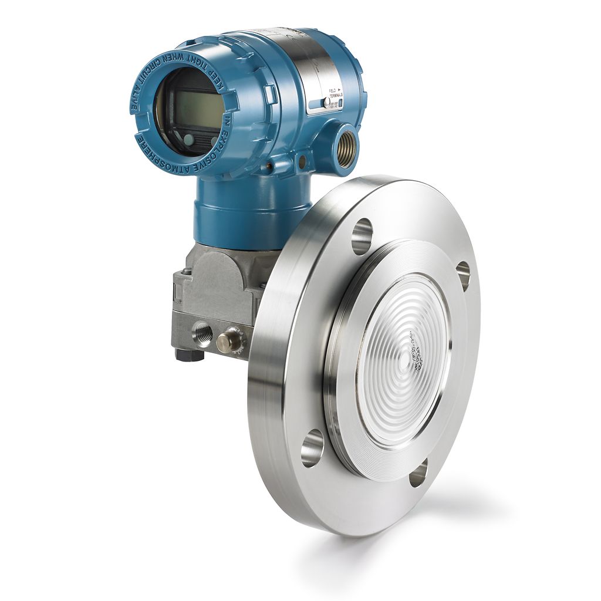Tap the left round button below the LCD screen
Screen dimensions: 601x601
coord(188,139)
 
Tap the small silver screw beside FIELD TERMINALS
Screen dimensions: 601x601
coord(326,102)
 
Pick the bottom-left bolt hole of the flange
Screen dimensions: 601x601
coord(312,448)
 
